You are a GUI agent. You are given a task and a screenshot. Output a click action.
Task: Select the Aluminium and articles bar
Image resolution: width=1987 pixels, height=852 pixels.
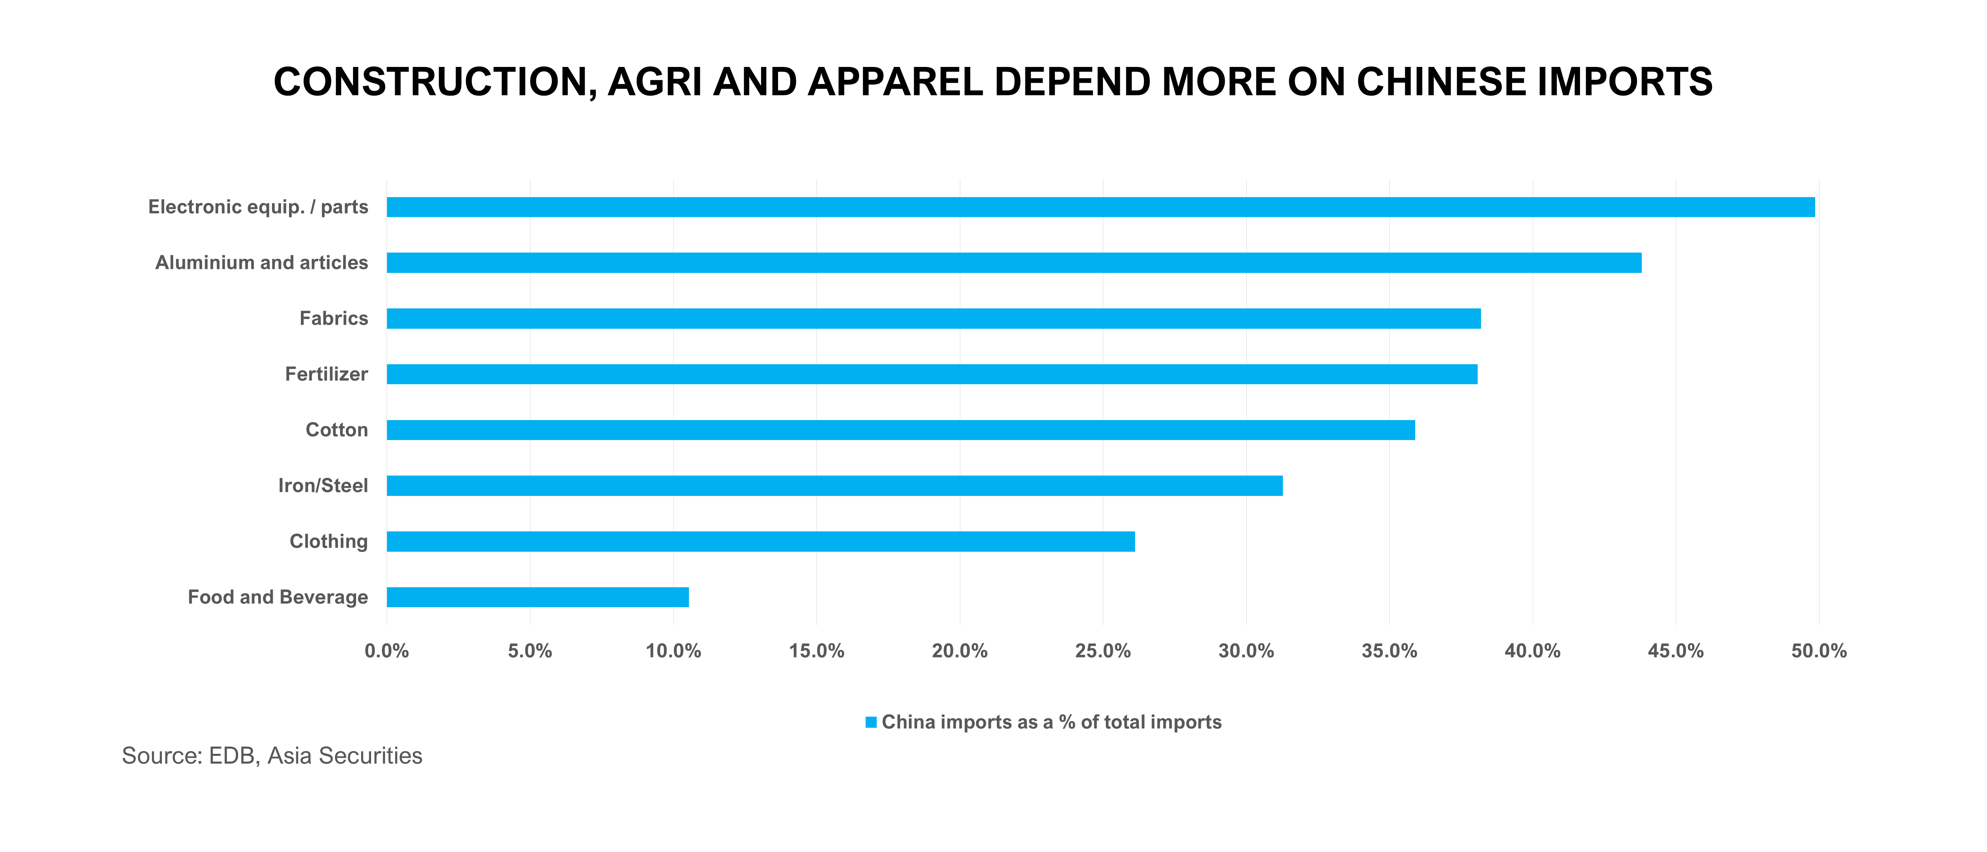pos(1013,263)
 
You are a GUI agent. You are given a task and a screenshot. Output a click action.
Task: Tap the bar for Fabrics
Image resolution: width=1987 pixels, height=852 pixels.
pos(933,318)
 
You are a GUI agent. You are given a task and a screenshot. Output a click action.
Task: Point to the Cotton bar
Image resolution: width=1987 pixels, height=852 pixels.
pos(900,430)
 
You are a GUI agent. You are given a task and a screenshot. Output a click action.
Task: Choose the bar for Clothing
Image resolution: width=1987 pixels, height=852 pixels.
pos(761,541)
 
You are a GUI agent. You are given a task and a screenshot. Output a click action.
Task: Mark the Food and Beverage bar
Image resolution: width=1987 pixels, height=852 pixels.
pos(538,596)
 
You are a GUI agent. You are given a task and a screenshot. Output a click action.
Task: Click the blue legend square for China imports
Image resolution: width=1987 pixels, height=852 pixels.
pos(871,722)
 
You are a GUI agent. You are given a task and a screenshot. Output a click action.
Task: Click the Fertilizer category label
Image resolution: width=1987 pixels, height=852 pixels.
pos(326,374)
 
